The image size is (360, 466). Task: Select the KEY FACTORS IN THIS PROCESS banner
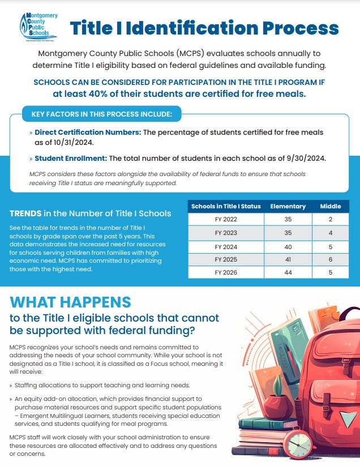pyautogui.click(x=101, y=114)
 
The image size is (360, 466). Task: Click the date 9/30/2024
pyautogui.click(x=306, y=158)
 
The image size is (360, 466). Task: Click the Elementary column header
pyautogui.click(x=288, y=206)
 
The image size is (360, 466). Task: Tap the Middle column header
pyautogui.click(x=331, y=206)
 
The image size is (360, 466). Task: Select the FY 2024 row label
pyautogui.click(x=226, y=246)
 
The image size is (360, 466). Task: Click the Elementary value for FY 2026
pyautogui.click(x=288, y=273)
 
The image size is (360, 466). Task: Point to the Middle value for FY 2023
pyautogui.click(x=331, y=233)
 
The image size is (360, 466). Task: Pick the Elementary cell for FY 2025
pyautogui.click(x=288, y=259)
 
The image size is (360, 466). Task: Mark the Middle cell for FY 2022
pyautogui.click(x=331, y=219)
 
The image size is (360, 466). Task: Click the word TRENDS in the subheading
pyautogui.click(x=25, y=213)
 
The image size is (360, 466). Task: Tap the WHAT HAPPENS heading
pyautogui.click(x=70, y=302)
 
